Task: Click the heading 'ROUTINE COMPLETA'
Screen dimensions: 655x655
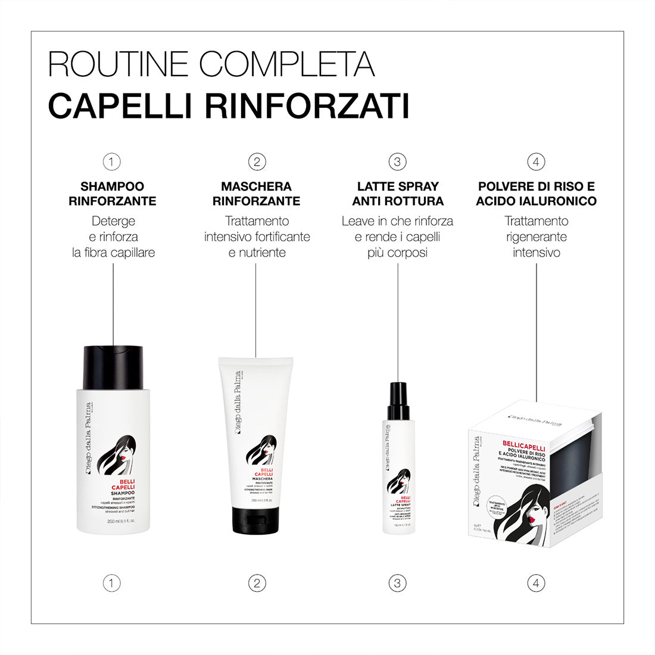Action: point(211,64)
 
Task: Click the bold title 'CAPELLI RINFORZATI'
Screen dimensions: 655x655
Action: point(229,105)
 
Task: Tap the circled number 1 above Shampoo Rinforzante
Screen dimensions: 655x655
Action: point(111,161)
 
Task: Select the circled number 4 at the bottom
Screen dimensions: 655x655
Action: point(536,583)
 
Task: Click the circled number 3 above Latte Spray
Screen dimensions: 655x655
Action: point(397,161)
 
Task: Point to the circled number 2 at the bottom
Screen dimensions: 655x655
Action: point(256,583)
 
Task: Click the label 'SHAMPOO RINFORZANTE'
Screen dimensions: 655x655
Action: point(113,194)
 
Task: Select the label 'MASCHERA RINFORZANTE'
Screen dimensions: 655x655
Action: point(256,194)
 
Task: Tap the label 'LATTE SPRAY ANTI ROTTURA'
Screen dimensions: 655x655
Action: point(397,194)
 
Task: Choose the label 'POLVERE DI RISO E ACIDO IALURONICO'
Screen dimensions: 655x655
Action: point(536,194)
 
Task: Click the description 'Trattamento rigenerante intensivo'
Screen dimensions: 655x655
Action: point(536,236)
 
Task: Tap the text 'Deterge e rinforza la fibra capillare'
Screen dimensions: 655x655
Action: point(113,236)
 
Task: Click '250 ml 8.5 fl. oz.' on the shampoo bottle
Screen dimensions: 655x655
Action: point(121,522)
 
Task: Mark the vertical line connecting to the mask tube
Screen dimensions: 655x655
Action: point(256,310)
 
